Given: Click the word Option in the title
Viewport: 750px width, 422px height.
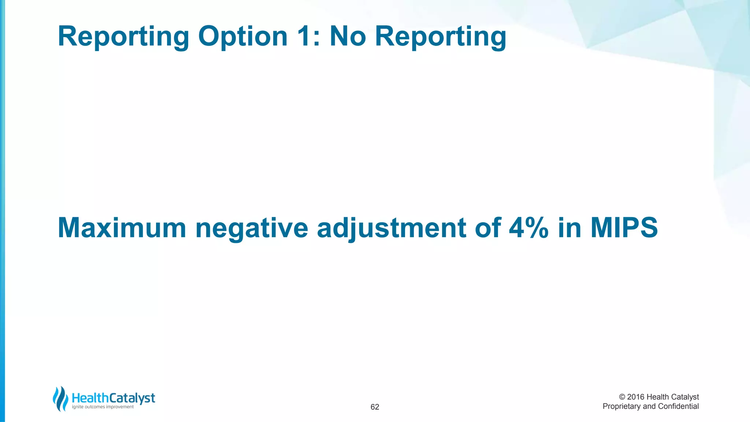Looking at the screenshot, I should (243, 37).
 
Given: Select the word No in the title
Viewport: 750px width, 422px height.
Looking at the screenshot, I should (348, 37).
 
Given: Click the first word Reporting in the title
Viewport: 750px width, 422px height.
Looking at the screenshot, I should (123, 37).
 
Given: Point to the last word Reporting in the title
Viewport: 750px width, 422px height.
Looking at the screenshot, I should (441, 37).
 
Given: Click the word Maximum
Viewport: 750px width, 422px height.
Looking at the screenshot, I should (122, 228).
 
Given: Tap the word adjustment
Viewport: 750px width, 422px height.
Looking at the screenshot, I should (391, 228).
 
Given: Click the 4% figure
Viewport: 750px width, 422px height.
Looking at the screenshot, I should (528, 228).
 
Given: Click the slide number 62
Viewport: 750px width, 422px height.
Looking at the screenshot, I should (375, 407).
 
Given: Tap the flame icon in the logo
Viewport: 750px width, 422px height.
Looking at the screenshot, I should (60, 399).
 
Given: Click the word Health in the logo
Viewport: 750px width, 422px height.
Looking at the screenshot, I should (90, 398).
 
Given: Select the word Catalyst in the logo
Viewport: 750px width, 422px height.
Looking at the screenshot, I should (132, 398).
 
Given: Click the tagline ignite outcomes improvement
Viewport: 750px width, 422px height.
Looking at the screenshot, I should (103, 407).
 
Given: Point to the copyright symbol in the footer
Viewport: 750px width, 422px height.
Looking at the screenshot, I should (622, 397).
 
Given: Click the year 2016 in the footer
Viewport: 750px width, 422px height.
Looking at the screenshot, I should (636, 397).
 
